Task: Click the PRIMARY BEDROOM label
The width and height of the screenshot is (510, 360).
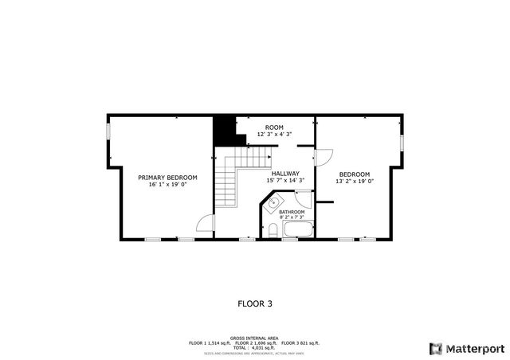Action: pyautogui.click(x=167, y=178)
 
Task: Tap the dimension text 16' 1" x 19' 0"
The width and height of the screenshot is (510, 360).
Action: pyautogui.click(x=167, y=185)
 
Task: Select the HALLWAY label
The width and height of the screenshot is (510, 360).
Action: pyautogui.click(x=284, y=174)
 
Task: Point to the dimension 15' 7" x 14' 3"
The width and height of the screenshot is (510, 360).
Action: pyautogui.click(x=284, y=181)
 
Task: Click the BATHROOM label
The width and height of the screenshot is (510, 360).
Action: pyautogui.click(x=292, y=212)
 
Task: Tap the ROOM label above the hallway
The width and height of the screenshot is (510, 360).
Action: pyautogui.click(x=274, y=127)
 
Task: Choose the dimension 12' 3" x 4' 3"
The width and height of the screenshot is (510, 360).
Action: pyautogui.click(x=274, y=135)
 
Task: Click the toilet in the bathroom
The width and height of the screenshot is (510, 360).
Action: pyautogui.click(x=273, y=230)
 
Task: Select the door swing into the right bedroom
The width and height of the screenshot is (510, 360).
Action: pyautogui.click(x=324, y=156)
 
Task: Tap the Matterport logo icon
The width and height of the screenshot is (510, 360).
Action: pyautogui.click(x=435, y=348)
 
